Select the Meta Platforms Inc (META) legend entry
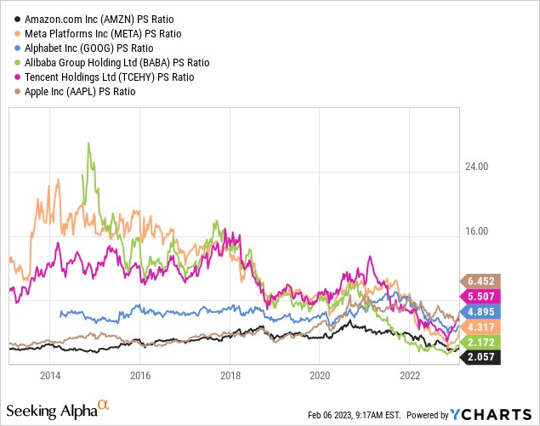coord(103,32)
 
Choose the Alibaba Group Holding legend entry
coord(117,62)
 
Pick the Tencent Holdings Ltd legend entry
coord(109,77)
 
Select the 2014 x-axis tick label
coord(50,375)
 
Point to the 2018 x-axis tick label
coord(230,375)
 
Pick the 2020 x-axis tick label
coord(320,375)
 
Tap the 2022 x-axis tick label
coord(410,375)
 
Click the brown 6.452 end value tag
coord(483,280)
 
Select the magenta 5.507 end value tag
coord(483,296)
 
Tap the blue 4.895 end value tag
coord(483,311)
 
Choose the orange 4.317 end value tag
coord(483,327)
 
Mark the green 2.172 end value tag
coord(483,342)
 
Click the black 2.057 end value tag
coord(483,357)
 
